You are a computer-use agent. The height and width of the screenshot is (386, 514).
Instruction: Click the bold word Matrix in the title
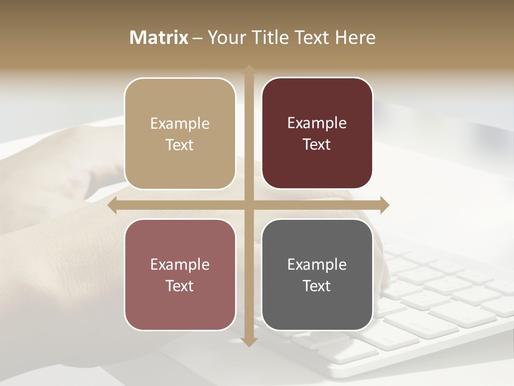[x=159, y=38]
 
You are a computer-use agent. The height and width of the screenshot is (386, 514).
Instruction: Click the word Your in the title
[x=225, y=38]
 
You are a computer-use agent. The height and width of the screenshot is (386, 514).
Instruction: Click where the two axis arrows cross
[x=249, y=205]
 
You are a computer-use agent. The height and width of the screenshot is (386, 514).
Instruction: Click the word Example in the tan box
[x=180, y=124]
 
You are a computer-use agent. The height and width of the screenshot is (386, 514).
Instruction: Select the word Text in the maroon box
[x=317, y=145]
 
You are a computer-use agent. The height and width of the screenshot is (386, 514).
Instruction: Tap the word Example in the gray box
[x=317, y=264]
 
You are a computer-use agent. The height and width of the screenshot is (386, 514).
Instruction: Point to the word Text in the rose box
[x=180, y=286]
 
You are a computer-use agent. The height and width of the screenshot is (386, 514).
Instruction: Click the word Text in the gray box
[x=317, y=286]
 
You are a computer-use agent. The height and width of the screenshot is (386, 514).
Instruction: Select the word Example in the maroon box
[x=317, y=123]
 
